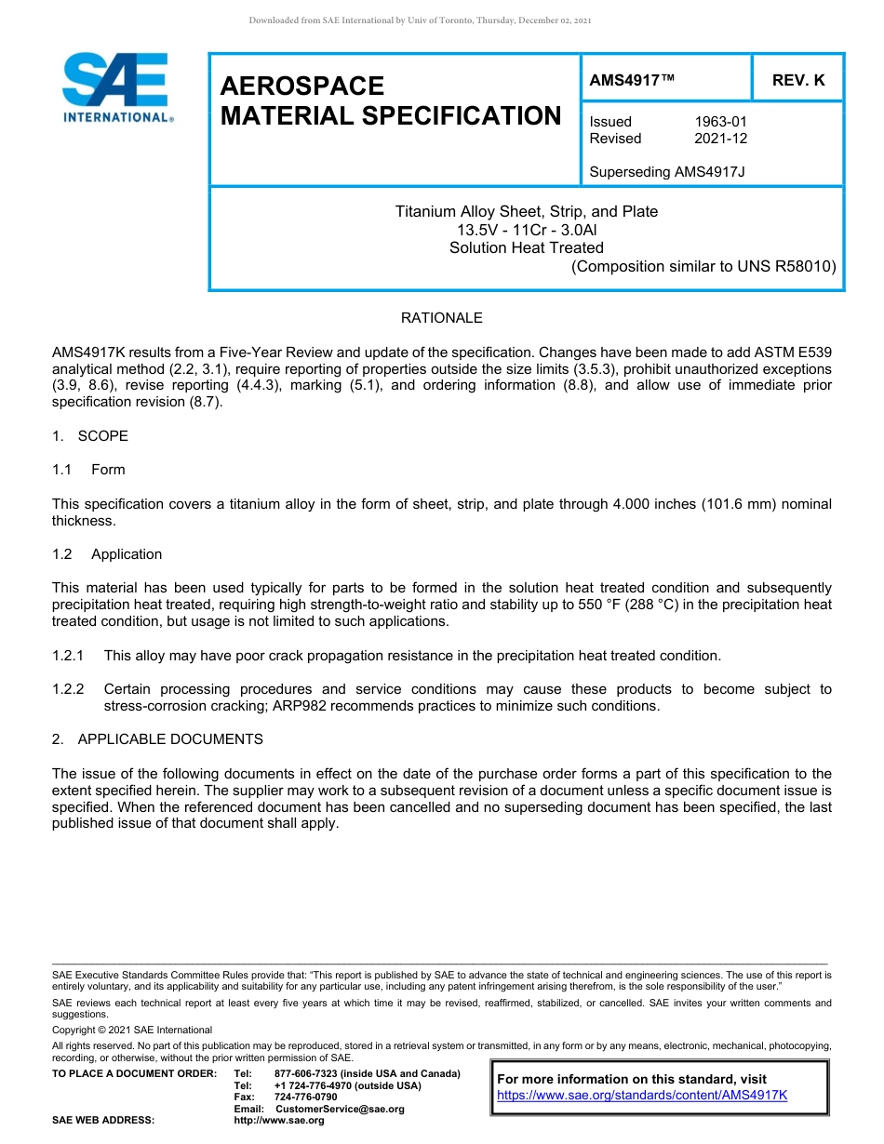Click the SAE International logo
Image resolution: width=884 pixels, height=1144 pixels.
115,87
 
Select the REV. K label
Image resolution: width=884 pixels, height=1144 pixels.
798,81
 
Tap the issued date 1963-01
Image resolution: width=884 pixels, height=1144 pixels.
720,122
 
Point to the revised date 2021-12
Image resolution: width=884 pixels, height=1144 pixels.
720,139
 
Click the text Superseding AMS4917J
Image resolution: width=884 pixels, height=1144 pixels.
667,172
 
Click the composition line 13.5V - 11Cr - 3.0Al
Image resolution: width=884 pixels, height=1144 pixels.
526,230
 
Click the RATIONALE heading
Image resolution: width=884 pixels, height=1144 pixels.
441,318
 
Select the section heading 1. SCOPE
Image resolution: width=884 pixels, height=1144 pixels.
90,436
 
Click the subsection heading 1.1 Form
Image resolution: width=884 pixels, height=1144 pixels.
89,470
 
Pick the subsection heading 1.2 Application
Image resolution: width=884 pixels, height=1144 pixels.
107,554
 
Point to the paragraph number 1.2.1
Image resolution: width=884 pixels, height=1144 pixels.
68,656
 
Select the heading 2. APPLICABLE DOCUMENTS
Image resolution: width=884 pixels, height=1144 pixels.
157,739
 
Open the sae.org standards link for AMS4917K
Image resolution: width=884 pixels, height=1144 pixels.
642,1095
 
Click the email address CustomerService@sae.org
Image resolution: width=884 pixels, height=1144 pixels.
340,1109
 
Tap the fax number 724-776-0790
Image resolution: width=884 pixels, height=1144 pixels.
306,1097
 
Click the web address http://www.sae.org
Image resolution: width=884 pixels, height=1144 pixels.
279,1121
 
